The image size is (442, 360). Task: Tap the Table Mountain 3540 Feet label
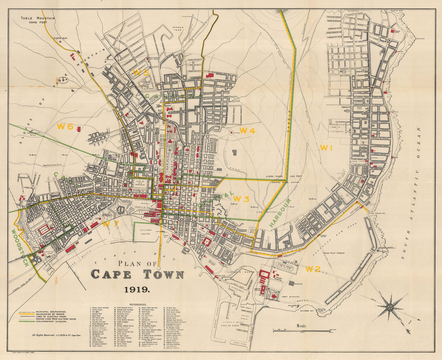point(38,20)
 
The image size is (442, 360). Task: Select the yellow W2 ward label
point(313,269)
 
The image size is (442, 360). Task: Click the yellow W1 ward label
point(326,148)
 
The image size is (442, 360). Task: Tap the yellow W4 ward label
point(247,131)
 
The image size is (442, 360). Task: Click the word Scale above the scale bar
point(301,326)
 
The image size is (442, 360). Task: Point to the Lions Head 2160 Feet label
point(281,11)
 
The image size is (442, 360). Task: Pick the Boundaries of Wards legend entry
point(49,314)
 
